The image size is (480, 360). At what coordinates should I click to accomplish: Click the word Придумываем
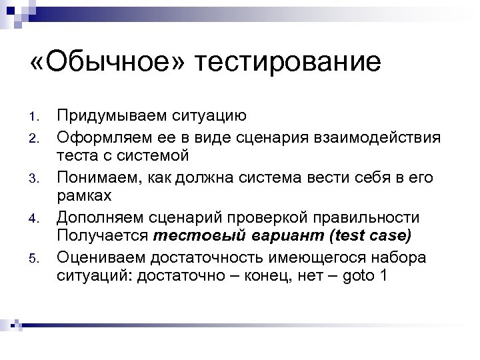(109, 116)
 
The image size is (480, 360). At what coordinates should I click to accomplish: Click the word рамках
(84, 197)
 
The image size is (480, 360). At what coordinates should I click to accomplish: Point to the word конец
(273, 276)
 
